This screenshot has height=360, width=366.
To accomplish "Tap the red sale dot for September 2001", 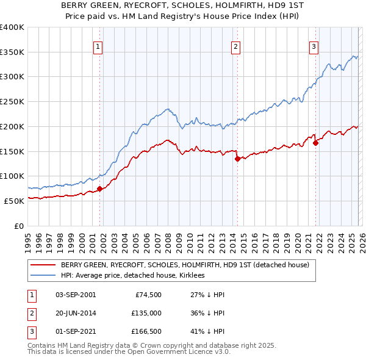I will pos(99,189).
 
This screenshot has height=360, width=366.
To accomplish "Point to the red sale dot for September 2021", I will pos(316,143).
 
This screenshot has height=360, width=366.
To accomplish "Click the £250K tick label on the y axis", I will pos(12,101).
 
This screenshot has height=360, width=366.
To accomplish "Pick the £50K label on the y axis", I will pos(13,201).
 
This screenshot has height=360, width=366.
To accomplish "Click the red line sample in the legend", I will pos(43,265).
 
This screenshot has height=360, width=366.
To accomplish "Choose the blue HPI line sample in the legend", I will pos(43,275).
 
